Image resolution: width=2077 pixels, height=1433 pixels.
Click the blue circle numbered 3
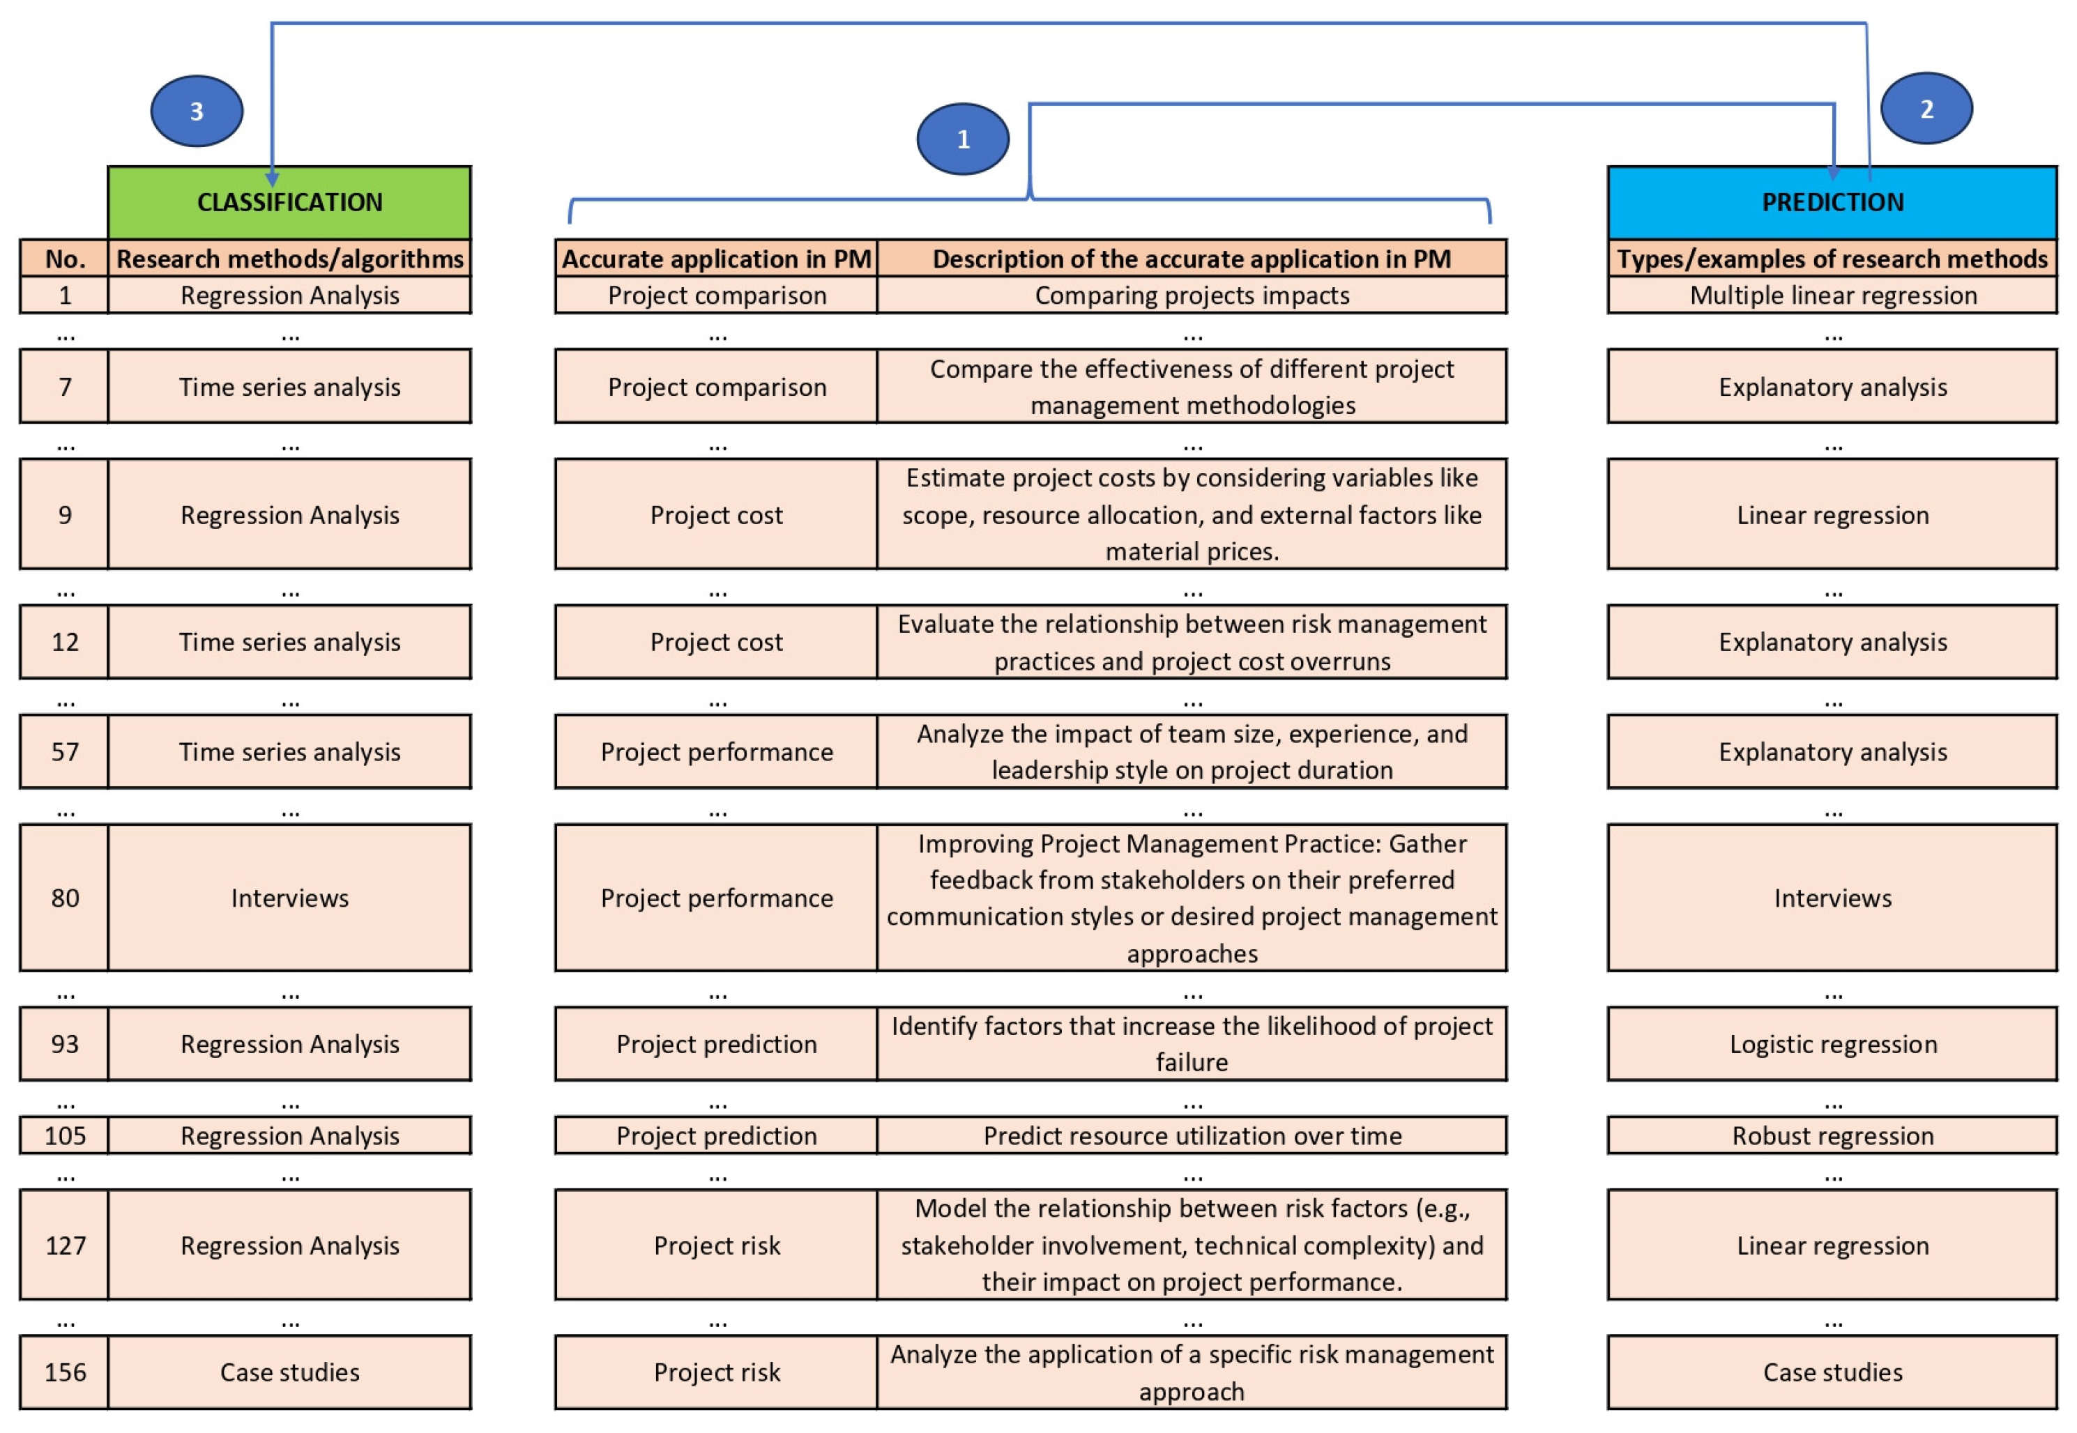click(197, 112)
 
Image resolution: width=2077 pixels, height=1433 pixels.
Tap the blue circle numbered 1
click(963, 139)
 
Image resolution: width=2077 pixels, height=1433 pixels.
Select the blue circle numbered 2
click(1926, 109)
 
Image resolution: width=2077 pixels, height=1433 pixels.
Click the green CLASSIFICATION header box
click(289, 203)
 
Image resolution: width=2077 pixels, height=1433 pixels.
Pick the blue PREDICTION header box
click(1832, 203)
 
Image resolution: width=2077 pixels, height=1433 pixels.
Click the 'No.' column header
click(65, 259)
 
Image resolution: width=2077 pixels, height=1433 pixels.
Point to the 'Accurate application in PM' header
click(715, 259)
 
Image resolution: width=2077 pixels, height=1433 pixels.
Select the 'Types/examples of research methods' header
click(1832, 259)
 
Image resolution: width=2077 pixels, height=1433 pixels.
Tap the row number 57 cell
click(65, 751)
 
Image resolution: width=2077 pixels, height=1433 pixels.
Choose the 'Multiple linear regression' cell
click(1832, 296)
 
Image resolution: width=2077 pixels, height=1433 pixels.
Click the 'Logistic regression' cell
click(1832, 1044)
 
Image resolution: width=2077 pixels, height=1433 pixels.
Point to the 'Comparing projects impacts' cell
click(1192, 296)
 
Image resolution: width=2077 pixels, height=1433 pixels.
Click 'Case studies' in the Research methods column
click(289, 1372)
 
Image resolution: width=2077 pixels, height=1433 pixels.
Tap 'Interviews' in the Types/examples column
click(1832, 898)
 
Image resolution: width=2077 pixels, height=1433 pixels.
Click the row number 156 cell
click(65, 1372)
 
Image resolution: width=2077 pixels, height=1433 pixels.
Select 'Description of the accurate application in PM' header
click(1192, 259)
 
